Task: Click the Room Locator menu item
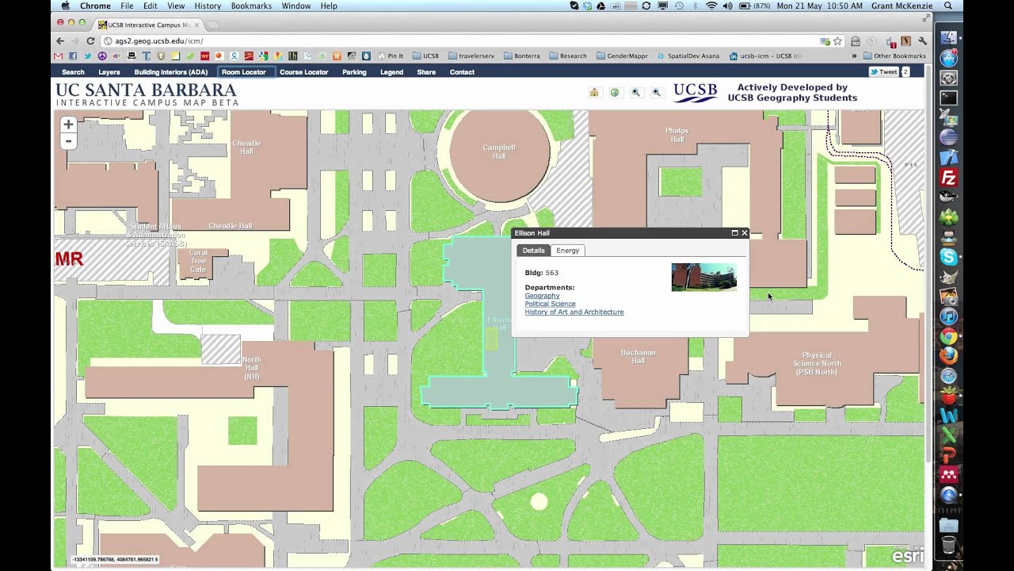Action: [244, 72]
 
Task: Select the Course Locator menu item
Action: [303, 72]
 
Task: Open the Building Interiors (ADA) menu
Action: [171, 72]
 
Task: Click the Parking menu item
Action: [354, 72]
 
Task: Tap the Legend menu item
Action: [391, 72]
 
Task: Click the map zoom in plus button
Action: [68, 125]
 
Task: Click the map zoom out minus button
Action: [68, 141]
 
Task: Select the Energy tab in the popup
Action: [567, 251]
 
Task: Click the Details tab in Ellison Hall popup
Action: [533, 251]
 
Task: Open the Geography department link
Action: [542, 296]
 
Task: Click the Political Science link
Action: [550, 304]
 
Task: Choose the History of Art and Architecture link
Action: [574, 312]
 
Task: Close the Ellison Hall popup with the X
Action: [744, 233]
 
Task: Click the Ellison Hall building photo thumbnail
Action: [703, 278]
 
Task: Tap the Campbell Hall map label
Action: [499, 151]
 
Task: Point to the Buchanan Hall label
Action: [638, 357]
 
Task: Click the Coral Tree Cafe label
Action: [198, 261]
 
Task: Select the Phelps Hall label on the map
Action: [677, 135]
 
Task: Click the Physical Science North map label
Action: [817, 363]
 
